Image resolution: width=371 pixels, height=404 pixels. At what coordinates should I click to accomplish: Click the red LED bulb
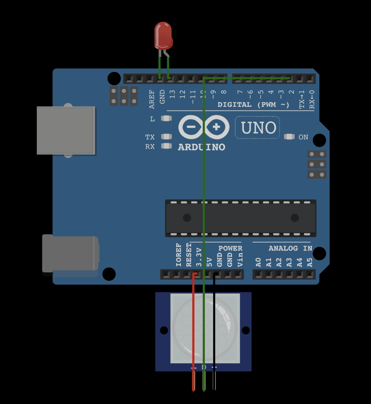(x=163, y=35)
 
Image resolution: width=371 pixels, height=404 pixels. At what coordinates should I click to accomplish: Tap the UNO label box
(x=258, y=128)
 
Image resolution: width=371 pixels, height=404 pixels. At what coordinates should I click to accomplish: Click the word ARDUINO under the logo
(x=202, y=147)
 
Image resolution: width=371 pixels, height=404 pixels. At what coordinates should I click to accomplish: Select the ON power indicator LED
(x=289, y=137)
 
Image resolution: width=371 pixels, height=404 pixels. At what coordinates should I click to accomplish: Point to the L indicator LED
(x=166, y=118)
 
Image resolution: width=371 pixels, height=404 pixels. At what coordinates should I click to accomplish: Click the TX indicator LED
(x=166, y=137)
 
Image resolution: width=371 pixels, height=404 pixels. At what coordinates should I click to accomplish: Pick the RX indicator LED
(x=166, y=146)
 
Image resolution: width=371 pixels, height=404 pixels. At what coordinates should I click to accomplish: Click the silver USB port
(x=66, y=130)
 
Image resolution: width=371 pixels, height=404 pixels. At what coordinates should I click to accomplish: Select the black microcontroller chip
(x=241, y=218)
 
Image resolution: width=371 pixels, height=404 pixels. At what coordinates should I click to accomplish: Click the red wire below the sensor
(x=194, y=379)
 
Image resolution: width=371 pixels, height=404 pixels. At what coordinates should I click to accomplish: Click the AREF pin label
(x=152, y=99)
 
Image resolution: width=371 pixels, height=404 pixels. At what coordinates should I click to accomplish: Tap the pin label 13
(x=172, y=94)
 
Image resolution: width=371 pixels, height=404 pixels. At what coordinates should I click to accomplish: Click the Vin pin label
(x=240, y=260)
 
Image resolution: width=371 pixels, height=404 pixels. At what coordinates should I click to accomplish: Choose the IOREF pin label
(x=179, y=255)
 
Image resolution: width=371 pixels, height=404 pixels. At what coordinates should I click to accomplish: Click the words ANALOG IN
(x=290, y=248)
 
